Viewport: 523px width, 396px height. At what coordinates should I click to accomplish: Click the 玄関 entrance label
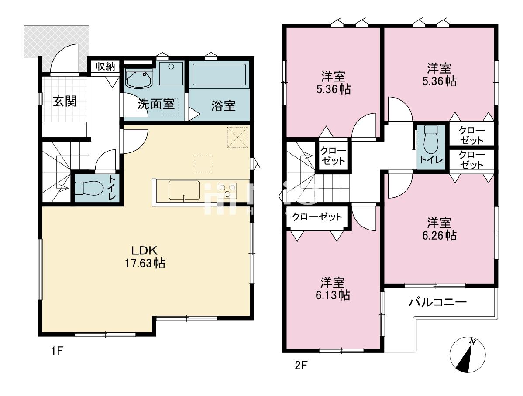tap(65, 101)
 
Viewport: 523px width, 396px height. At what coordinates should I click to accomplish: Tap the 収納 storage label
tap(105, 66)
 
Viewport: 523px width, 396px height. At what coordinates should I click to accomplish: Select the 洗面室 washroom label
tap(156, 104)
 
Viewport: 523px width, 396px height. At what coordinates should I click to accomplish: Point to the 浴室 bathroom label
tap(224, 106)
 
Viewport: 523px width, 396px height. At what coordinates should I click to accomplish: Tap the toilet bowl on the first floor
tap(88, 188)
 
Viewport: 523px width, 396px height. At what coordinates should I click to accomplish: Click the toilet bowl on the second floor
tap(430, 140)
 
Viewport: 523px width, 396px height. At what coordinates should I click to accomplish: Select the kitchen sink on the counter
tap(184, 190)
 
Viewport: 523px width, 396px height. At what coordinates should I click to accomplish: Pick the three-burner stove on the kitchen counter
tap(227, 190)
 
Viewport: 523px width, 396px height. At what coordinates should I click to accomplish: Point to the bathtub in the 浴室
tap(219, 75)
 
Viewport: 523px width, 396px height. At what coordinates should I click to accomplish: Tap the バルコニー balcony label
tap(438, 302)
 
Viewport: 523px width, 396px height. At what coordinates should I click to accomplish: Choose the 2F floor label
tap(300, 366)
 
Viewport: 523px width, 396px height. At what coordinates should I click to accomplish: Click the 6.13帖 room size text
tap(333, 295)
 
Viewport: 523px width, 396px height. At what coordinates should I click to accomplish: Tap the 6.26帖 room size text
tap(439, 235)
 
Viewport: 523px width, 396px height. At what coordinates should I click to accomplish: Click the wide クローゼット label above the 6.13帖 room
tap(317, 217)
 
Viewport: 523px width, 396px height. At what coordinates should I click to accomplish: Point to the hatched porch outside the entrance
tap(56, 42)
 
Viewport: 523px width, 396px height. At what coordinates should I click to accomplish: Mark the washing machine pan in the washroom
tap(171, 73)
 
